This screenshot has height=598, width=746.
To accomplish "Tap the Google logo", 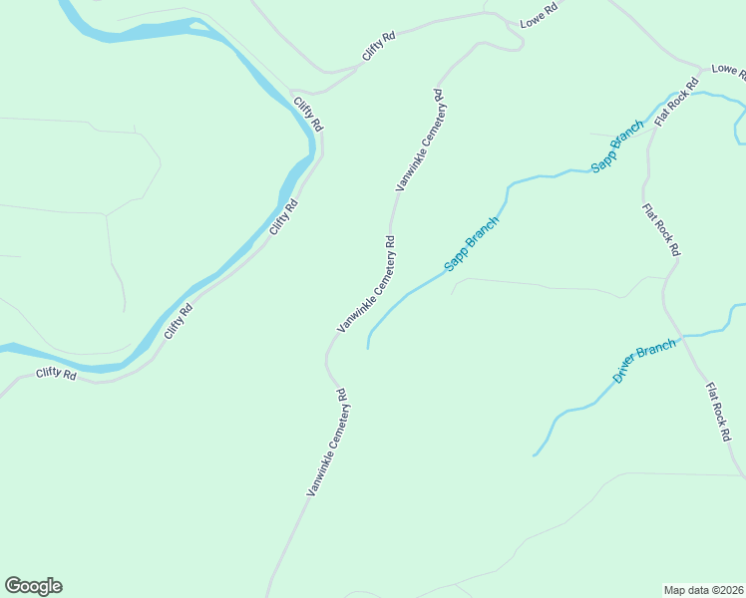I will point(33,586).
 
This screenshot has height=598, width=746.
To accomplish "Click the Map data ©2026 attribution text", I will point(703,590).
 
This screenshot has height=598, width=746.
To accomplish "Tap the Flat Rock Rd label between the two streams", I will point(660,230).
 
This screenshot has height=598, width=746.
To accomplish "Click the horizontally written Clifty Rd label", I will point(56,374).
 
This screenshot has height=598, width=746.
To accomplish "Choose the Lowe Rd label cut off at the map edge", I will point(728,71).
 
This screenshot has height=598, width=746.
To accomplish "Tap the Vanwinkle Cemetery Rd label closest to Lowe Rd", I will point(420,140).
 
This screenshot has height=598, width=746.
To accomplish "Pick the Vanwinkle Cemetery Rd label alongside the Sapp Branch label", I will point(367,284).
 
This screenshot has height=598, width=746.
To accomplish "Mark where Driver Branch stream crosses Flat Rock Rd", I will point(682,337).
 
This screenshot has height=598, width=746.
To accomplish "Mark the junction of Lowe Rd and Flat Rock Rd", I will point(704,71).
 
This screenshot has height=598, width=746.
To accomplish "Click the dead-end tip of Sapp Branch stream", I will point(368,348).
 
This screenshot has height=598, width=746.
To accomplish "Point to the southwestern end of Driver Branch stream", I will point(535,455).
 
